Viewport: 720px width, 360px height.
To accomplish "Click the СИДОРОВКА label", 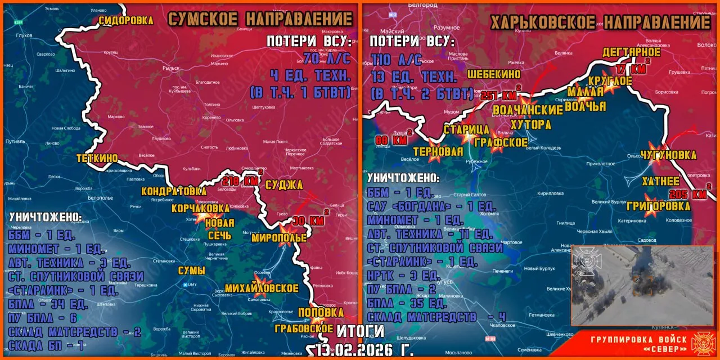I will [126, 20].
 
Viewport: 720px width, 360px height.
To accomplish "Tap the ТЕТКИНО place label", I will [97, 159].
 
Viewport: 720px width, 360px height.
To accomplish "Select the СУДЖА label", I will [283, 184].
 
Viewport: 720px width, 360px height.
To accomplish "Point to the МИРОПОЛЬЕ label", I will [279, 238].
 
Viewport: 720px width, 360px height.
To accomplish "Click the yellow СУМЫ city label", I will [191, 271].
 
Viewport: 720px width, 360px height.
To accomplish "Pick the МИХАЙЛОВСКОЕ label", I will [262, 288].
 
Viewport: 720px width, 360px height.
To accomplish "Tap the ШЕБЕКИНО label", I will [494, 74].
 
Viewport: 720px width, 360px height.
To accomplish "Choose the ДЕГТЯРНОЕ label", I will [631, 52].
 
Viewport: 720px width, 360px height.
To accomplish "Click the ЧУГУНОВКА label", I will [668, 155].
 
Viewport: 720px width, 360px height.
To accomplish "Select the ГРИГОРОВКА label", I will [667, 206].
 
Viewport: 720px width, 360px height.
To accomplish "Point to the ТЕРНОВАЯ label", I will [438, 151].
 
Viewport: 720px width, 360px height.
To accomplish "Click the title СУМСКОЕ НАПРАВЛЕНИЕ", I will [260, 19].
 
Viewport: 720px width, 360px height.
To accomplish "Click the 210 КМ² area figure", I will [241, 181].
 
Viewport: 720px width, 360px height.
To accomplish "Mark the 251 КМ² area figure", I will [498, 95].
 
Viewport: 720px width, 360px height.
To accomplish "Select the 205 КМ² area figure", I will [688, 194].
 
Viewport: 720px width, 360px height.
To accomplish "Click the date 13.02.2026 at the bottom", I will [364, 349].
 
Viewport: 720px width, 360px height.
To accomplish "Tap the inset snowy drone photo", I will [642, 285].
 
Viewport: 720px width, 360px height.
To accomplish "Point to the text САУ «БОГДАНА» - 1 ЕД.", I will [428, 205].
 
